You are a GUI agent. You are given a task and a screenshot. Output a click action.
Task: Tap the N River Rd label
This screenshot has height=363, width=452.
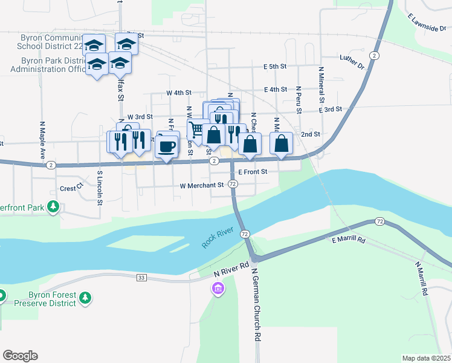232,270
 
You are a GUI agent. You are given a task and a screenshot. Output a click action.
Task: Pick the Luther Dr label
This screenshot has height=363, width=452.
352,61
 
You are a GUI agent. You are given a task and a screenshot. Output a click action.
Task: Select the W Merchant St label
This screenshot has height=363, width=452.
202,185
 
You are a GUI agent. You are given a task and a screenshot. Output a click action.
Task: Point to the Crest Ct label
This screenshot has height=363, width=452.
71,189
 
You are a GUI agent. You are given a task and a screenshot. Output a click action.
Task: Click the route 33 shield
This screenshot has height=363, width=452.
141,277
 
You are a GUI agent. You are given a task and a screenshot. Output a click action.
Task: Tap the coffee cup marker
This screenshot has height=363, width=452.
167,146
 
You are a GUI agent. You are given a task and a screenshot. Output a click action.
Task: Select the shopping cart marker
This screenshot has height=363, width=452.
196,129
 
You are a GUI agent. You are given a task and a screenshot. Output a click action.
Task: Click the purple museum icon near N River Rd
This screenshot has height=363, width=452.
218,290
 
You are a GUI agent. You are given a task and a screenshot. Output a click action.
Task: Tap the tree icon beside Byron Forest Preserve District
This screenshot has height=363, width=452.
85,298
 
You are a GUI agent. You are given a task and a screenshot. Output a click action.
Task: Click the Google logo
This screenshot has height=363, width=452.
20,356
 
